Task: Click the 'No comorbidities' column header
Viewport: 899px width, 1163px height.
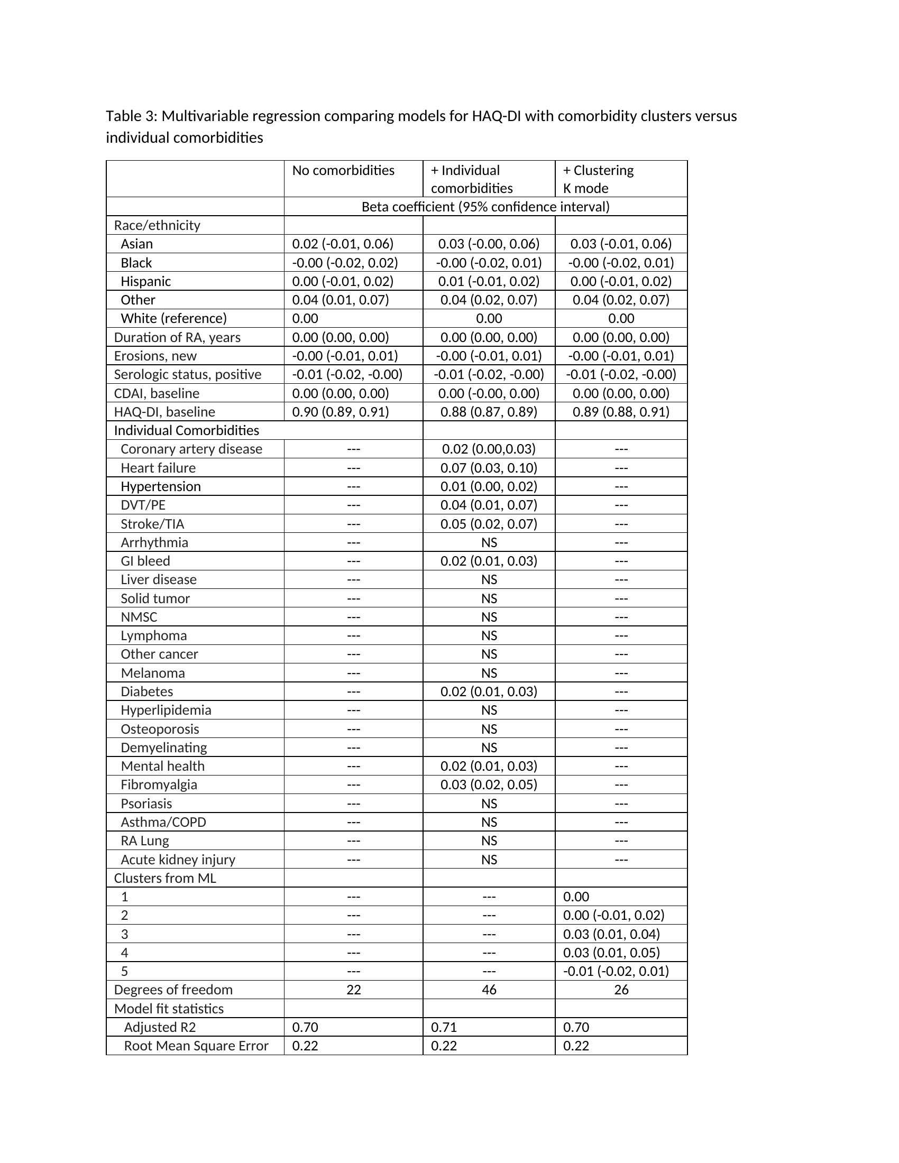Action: (x=343, y=170)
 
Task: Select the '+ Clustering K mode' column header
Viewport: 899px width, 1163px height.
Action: (x=598, y=179)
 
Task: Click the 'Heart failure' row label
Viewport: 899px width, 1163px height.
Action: (x=158, y=467)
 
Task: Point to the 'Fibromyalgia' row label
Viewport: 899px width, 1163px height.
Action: (x=159, y=784)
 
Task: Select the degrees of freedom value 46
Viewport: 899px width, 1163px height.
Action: (x=489, y=990)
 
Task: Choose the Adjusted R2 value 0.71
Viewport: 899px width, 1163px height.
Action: (x=444, y=1027)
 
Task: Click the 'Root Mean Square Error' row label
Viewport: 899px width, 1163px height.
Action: (x=196, y=1045)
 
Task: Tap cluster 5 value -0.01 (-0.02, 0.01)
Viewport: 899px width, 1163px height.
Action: (x=616, y=971)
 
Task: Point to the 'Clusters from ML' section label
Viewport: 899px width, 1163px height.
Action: (x=165, y=878)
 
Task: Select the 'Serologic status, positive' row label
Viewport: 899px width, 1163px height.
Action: (x=188, y=374)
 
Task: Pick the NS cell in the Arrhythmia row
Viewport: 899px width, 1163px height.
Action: (x=489, y=542)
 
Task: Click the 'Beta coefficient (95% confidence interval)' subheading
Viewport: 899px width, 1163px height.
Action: (x=485, y=207)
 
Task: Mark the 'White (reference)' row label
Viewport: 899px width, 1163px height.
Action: (x=173, y=318)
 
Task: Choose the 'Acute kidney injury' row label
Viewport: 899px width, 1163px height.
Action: (x=178, y=859)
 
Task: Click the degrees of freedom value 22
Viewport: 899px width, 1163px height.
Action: (x=354, y=990)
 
